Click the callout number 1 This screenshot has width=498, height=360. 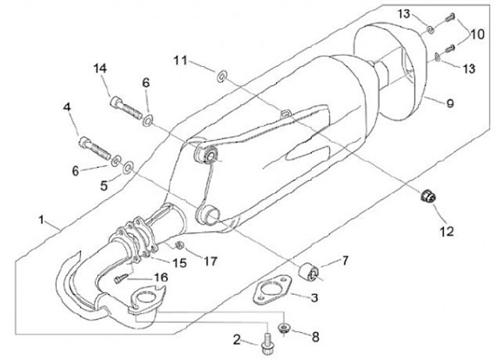point(43,221)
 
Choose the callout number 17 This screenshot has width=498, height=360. point(210,260)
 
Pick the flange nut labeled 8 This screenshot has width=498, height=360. point(284,325)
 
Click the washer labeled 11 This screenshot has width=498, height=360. point(222,75)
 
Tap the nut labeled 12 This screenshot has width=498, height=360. point(427,196)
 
